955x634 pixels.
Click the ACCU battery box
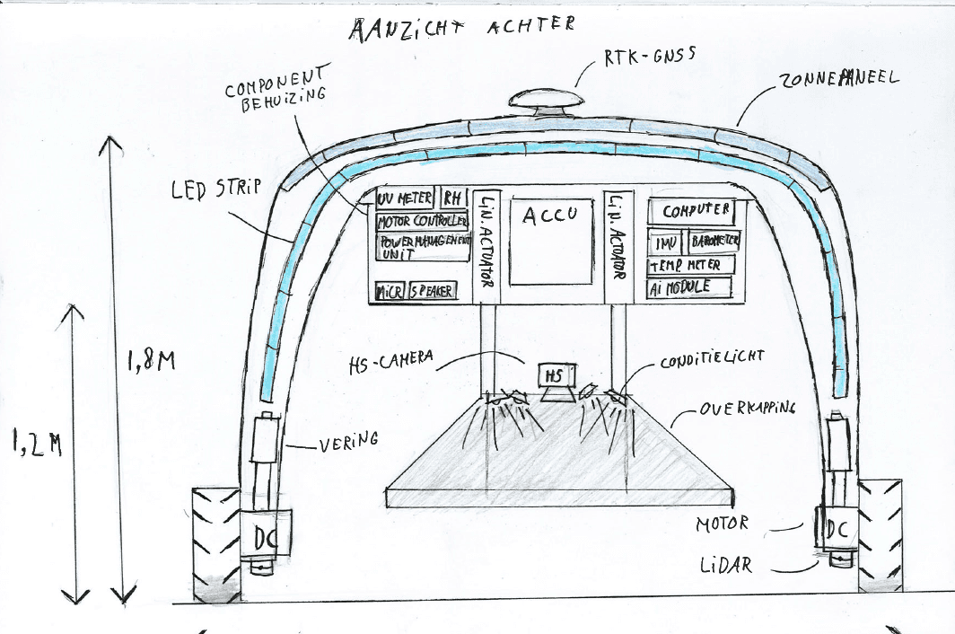(x=551, y=242)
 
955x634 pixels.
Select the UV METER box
(x=405, y=198)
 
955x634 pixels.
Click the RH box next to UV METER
(x=450, y=198)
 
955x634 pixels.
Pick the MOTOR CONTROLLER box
(x=422, y=221)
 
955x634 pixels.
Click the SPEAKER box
(x=432, y=291)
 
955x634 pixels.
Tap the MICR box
(x=390, y=291)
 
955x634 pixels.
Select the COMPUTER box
(x=697, y=212)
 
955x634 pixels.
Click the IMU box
(x=666, y=242)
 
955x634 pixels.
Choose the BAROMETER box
(x=714, y=242)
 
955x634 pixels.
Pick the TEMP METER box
(x=690, y=265)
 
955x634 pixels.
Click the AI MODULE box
(x=689, y=287)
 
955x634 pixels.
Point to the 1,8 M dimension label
(x=150, y=362)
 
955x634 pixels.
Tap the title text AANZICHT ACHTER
(x=461, y=28)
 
